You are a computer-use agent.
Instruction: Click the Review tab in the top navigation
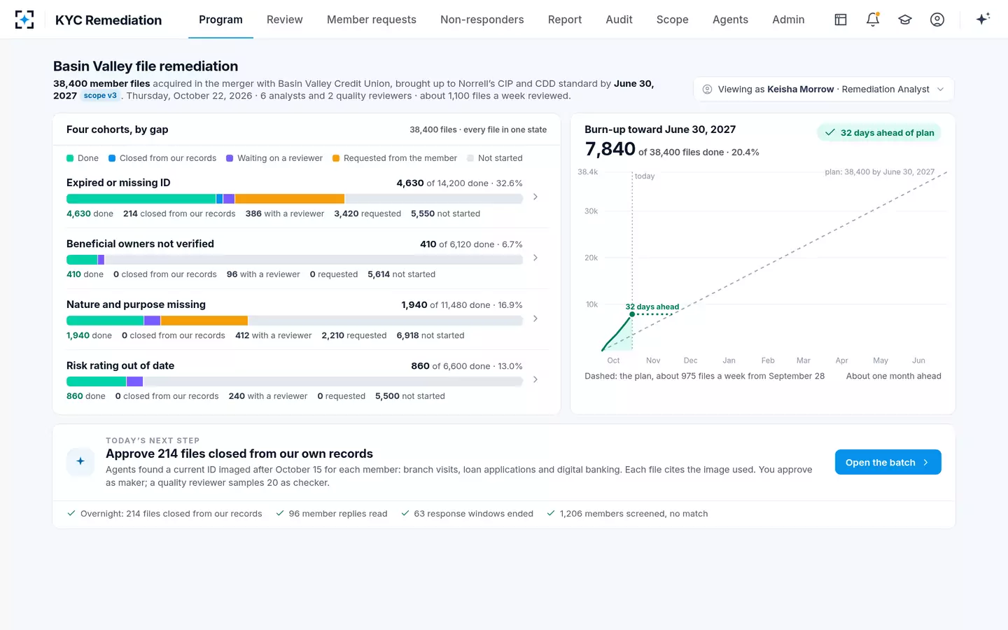(x=284, y=20)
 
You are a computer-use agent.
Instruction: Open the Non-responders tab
(x=482, y=20)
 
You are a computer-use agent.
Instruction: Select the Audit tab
(x=619, y=20)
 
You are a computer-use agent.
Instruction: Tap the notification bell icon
(x=872, y=20)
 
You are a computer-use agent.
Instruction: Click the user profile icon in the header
(x=937, y=20)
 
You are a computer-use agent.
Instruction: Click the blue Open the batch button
(x=888, y=462)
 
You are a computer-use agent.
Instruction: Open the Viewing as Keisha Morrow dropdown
(x=823, y=89)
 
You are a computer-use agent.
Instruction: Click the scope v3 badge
(x=100, y=95)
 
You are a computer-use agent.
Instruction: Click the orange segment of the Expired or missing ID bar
(x=289, y=199)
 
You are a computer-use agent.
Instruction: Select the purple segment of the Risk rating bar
(x=134, y=381)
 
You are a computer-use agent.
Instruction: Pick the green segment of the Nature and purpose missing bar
(x=105, y=321)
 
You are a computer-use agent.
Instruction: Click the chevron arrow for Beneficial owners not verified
(x=535, y=258)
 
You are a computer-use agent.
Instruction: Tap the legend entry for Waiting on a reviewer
(x=274, y=158)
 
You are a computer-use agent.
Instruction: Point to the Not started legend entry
(x=494, y=158)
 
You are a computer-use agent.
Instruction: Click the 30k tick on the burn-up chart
(x=591, y=211)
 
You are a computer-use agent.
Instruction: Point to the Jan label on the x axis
(x=729, y=360)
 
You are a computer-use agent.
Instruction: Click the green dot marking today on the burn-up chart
(x=632, y=314)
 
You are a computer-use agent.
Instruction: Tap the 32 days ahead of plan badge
(x=879, y=133)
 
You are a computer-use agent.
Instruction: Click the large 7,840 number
(x=610, y=149)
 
